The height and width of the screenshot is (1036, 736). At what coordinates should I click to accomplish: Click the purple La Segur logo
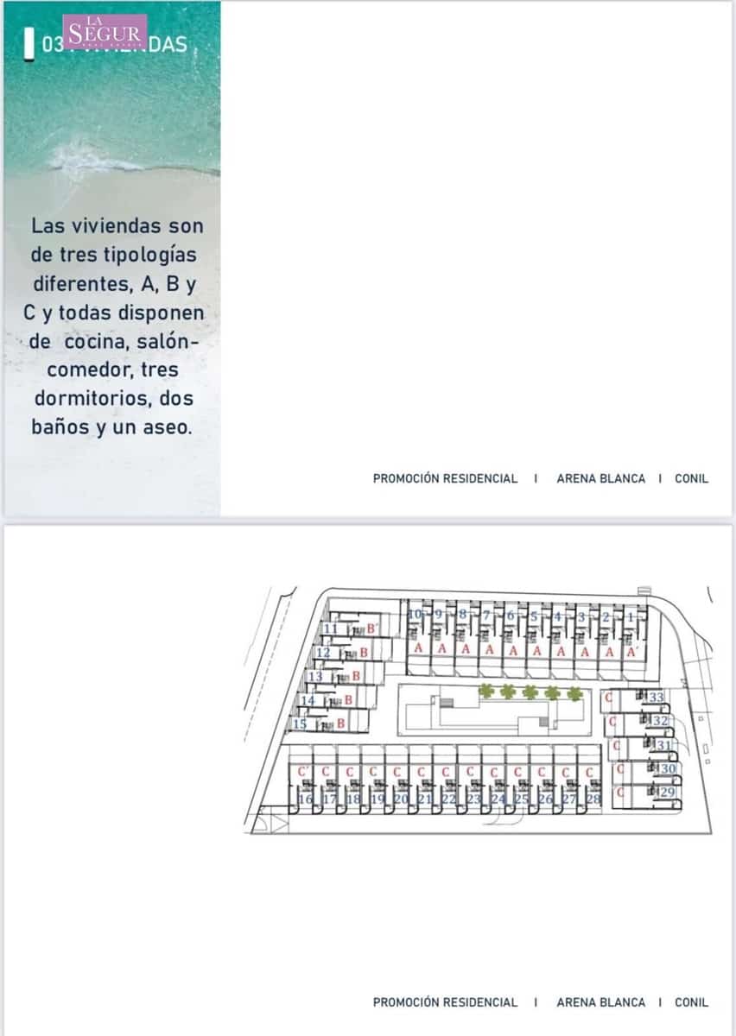pos(105,32)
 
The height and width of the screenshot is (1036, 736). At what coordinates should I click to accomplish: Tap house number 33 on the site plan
pos(657,697)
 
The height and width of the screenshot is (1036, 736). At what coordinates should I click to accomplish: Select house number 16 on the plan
pos(305,799)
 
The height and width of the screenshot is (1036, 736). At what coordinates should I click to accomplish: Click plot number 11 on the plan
pos(331,629)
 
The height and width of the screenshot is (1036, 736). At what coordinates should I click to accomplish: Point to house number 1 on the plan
pos(631,617)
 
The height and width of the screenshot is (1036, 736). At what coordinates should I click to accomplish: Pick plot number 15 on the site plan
pos(301,723)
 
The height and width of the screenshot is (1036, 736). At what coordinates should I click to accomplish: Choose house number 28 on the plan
pos(593,799)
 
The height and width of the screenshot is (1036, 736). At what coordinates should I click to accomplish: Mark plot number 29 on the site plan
pos(667,792)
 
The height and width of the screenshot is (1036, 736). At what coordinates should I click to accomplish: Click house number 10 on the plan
pos(416,615)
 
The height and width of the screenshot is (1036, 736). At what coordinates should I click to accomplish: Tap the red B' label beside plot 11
pos(371,629)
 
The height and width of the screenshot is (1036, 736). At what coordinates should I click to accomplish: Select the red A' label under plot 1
pos(632,652)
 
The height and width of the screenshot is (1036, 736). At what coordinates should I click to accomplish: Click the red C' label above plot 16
pos(302,771)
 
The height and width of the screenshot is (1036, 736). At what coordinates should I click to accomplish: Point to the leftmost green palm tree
pos(486,691)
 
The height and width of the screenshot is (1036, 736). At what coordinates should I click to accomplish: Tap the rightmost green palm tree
pos(574,692)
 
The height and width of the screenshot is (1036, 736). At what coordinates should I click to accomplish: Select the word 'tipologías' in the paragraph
pos(149,255)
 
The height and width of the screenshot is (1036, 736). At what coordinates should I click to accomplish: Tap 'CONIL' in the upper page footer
pos(691,478)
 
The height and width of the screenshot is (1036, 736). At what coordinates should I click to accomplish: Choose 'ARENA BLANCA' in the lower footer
pos(600,1002)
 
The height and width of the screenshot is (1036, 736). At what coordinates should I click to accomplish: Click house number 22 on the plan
pos(448,799)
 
